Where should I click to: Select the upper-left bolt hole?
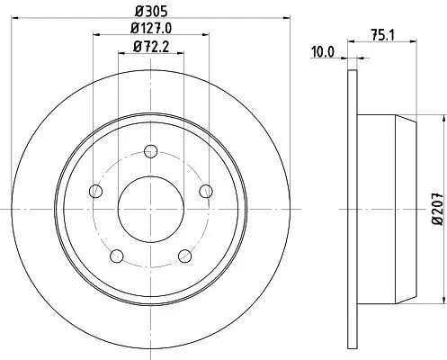[94, 190]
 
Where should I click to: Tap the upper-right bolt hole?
[206, 189]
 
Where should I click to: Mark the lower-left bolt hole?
[116, 256]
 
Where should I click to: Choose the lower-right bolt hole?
[185, 256]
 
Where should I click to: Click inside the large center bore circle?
[150, 209]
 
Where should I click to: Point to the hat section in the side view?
[382, 207]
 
